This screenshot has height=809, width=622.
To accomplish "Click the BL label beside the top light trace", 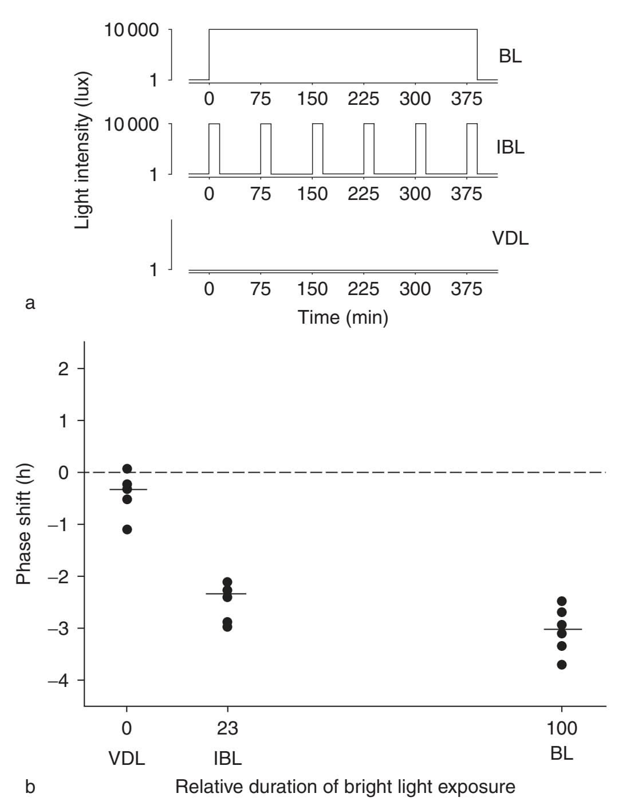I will pos(510,57).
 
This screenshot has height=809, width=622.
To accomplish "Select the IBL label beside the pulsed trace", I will pos(510,147).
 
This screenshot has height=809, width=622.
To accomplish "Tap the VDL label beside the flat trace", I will pos(510,238).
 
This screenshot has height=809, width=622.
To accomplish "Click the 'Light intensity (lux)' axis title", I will pos(83,150).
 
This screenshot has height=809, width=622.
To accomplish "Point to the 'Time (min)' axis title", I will pos(343,316).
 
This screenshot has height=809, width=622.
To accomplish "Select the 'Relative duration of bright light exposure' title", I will pos(345,787).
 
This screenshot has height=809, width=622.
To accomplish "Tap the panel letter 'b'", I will pos(30,787).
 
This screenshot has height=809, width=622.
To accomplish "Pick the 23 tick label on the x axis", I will pos(227,729).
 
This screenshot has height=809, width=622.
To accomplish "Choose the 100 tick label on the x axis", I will pos(561,729).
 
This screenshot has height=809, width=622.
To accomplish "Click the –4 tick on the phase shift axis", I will pos(58,681).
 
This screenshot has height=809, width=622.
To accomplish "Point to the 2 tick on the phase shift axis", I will pos(64,368).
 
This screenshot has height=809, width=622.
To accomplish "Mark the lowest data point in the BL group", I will pos(562,665).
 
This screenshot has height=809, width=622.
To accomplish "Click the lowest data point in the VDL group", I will pos(127,529).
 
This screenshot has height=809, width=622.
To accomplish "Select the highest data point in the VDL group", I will pos(127,469).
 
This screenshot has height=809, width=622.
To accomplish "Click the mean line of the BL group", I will pos(562,629).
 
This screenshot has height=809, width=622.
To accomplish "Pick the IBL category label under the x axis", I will pos(227,759).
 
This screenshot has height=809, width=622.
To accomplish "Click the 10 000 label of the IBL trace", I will pos(131,124).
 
